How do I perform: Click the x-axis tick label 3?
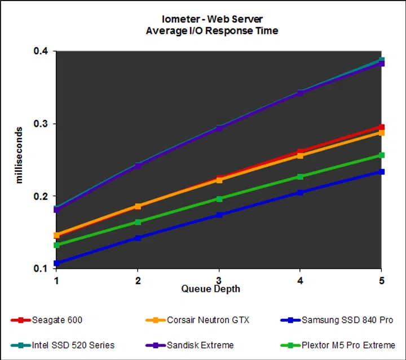click(219, 280)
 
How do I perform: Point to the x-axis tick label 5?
click(382, 280)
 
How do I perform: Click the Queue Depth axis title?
click(210, 289)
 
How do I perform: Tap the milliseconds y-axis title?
click(19, 159)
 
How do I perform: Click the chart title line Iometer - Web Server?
click(212, 19)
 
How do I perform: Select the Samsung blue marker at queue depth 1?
click(56, 263)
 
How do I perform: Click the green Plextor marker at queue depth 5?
click(382, 155)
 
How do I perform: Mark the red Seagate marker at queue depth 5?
click(382, 127)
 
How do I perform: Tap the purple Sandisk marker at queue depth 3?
click(219, 128)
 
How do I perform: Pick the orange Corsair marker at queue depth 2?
click(138, 206)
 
